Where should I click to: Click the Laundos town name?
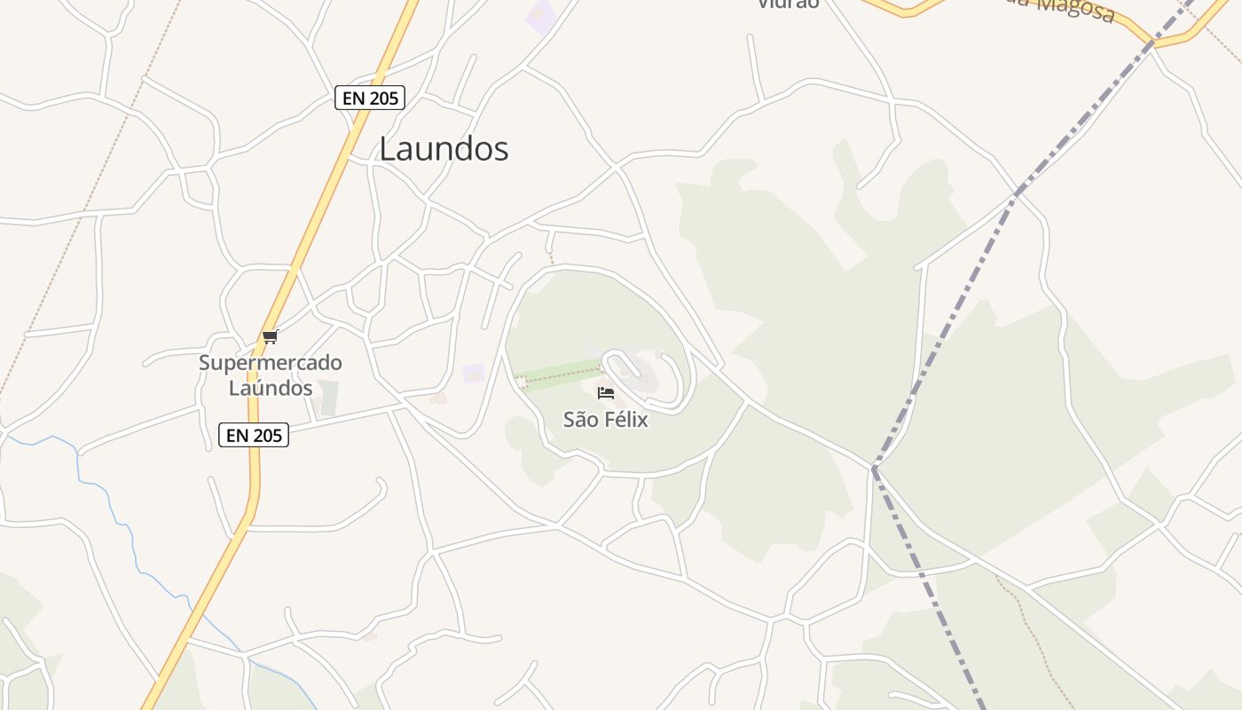pyautogui.click(x=444, y=148)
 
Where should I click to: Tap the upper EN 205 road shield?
pyautogui.click(x=369, y=98)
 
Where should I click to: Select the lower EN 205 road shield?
pyautogui.click(x=254, y=435)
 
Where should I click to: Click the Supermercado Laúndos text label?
pyautogui.click(x=271, y=375)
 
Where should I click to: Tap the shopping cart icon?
pyautogui.click(x=271, y=336)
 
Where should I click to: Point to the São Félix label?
pyautogui.click(x=606, y=420)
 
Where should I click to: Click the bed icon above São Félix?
pyautogui.click(x=606, y=392)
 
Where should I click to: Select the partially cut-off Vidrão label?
pyautogui.click(x=788, y=4)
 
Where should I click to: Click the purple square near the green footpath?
pyautogui.click(x=474, y=373)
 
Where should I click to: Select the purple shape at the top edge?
pyautogui.click(x=539, y=16)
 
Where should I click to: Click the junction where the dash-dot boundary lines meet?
pyautogui.click(x=874, y=468)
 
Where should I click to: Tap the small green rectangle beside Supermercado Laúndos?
pyautogui.click(x=328, y=398)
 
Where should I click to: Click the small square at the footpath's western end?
pyautogui.click(x=522, y=382)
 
